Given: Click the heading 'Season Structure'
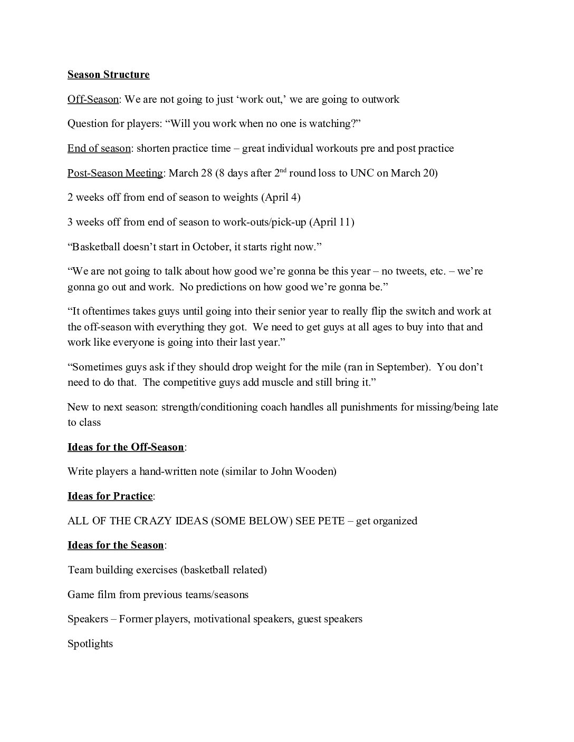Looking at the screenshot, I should tap(108, 74).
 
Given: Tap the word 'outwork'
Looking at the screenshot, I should tap(380, 99).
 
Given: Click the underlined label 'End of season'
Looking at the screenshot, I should tap(99, 148).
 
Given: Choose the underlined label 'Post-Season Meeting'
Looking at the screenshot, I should tap(115, 173).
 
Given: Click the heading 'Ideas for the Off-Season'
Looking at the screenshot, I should tap(126, 447).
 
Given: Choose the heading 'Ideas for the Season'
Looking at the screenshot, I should tap(116, 545).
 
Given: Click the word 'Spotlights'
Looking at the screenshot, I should tap(90, 643).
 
